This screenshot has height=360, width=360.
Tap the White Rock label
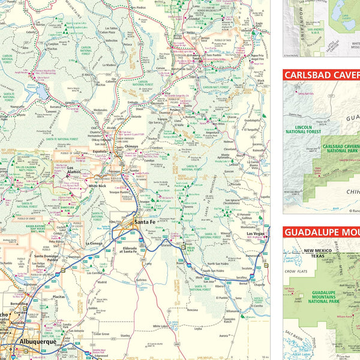coord(97,186)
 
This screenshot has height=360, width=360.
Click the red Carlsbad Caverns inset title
coord(322,76)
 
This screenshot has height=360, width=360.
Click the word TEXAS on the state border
coord(316,254)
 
